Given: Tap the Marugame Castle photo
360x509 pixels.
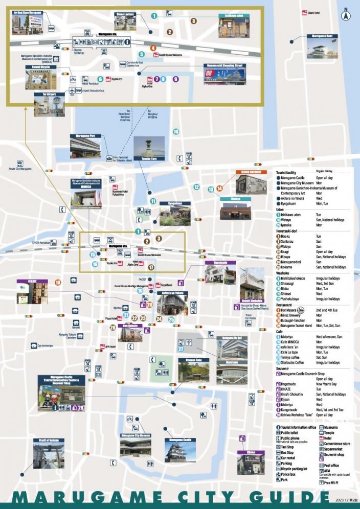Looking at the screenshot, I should (x=180, y=452).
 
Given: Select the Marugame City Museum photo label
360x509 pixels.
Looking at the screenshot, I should (x=136, y=435).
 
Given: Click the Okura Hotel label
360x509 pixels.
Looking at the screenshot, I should (x=313, y=11).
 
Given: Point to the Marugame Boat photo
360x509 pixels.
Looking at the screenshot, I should (x=323, y=50).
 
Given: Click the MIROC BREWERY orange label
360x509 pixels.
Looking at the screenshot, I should (x=252, y=172).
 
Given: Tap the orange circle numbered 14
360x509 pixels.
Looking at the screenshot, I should (x=220, y=188).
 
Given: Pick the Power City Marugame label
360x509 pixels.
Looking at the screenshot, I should (x=20, y=168).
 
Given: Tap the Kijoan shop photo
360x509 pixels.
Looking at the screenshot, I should (x=251, y=464).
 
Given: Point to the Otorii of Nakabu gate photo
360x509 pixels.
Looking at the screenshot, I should (x=49, y=456).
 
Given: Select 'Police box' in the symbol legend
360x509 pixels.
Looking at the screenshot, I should (x=289, y=474).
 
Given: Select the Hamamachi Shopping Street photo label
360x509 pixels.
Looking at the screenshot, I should (x=224, y=65).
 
